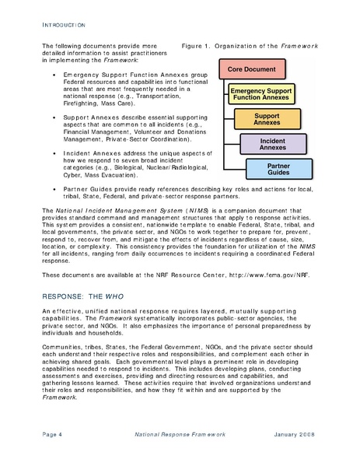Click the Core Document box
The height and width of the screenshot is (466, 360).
point(252,69)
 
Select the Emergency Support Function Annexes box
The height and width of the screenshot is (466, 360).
point(262,95)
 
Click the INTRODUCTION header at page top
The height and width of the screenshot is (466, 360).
point(63,26)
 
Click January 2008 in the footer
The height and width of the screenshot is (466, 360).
point(296,433)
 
